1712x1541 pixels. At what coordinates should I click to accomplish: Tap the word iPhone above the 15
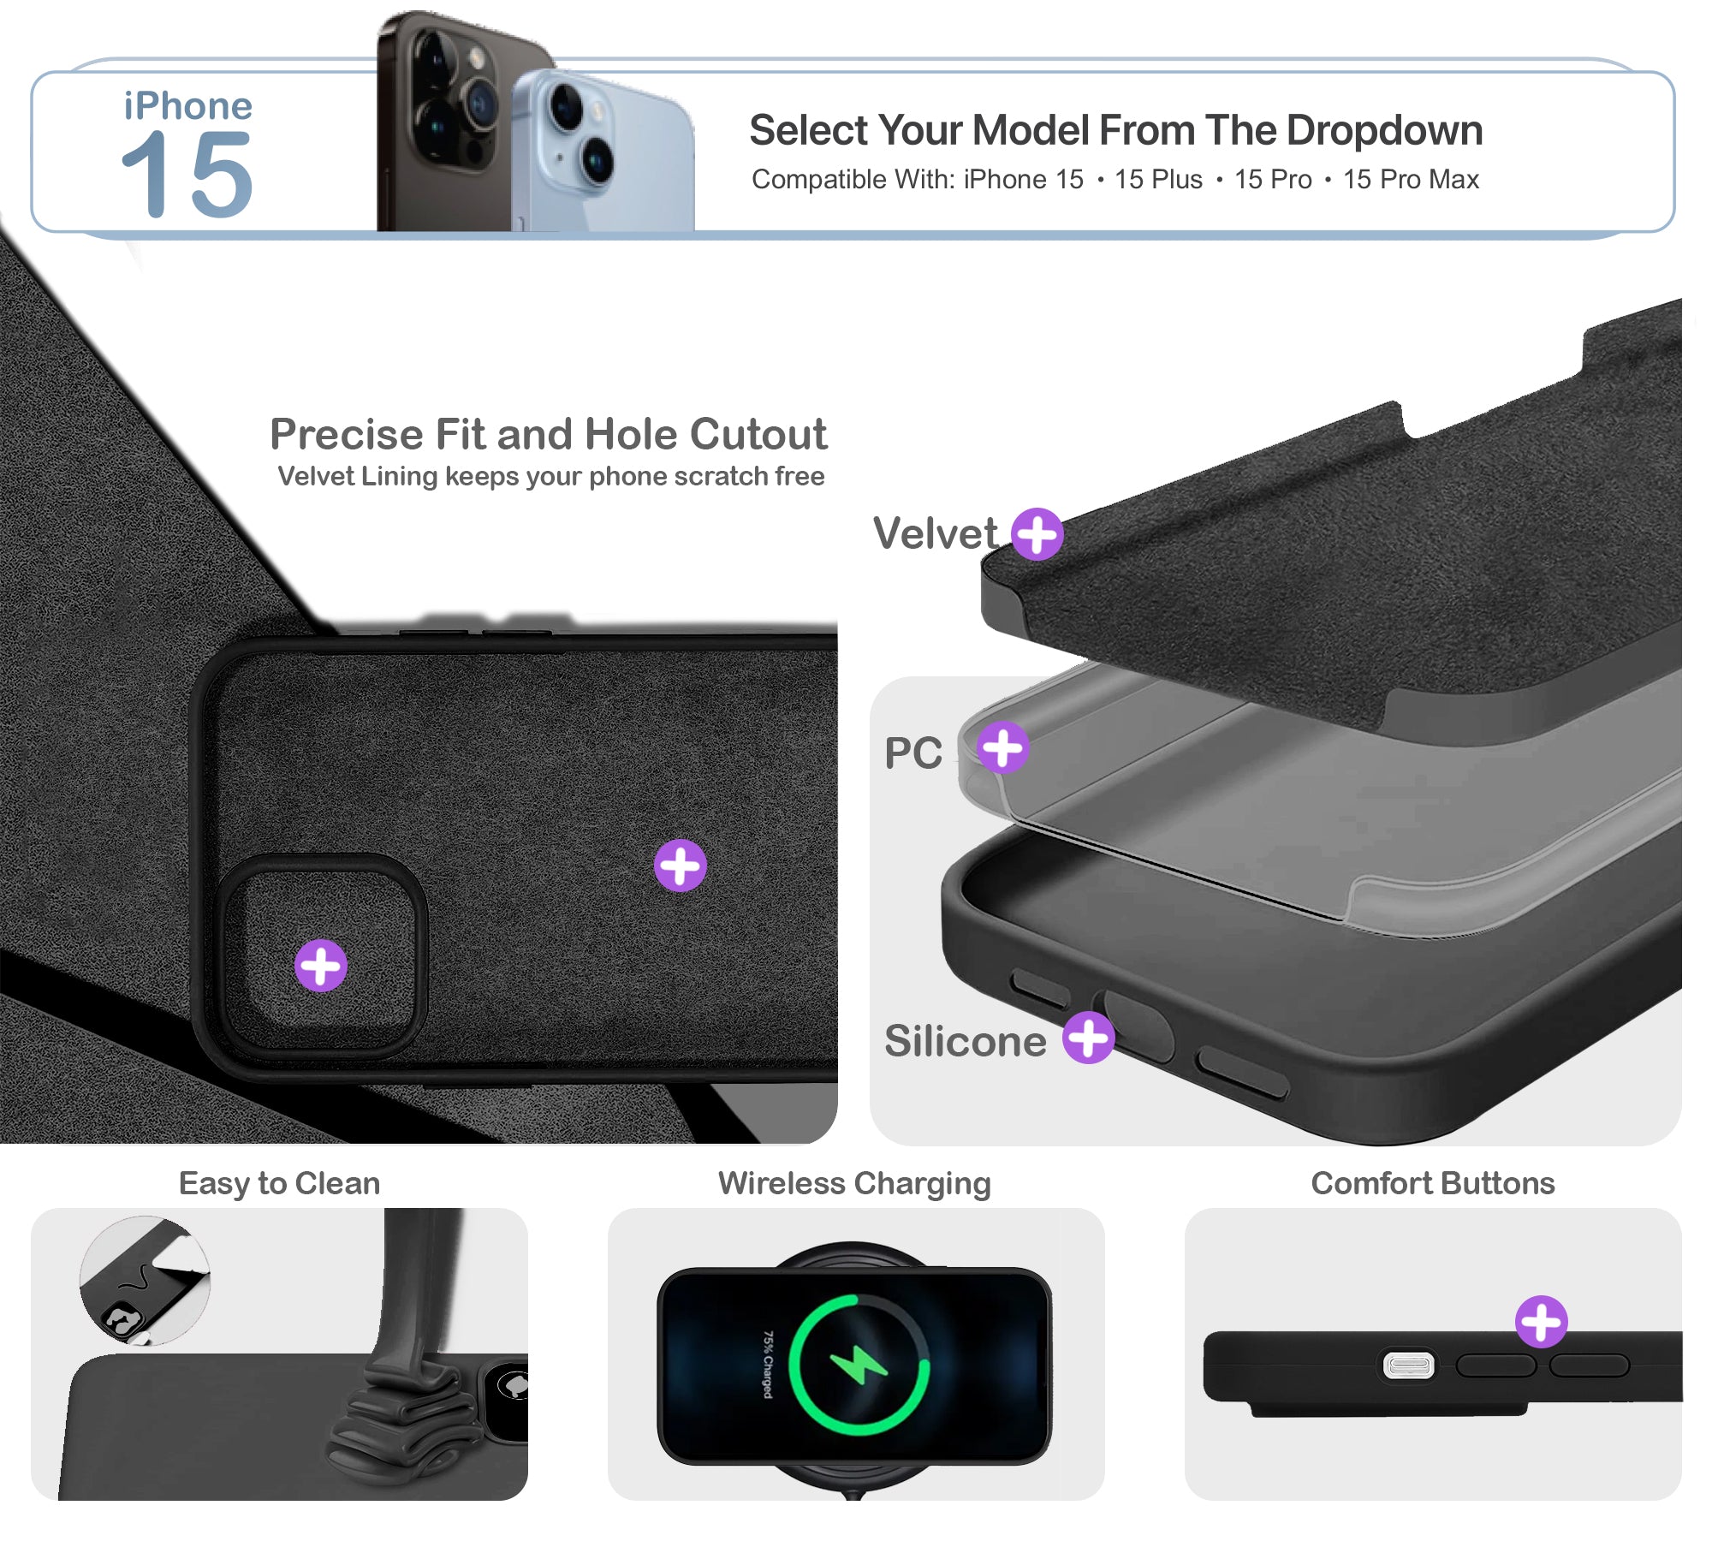click(188, 106)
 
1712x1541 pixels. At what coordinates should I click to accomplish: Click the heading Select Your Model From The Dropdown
click(1115, 130)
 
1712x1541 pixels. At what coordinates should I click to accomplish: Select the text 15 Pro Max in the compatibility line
click(1411, 179)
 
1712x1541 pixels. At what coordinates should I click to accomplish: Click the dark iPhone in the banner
click(454, 120)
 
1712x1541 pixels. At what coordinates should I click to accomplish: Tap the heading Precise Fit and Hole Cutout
click(549, 434)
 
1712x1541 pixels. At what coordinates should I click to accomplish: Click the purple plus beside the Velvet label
click(1037, 534)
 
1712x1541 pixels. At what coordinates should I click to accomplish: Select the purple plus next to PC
click(1003, 747)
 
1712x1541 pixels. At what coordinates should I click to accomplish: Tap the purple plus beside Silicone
click(1089, 1038)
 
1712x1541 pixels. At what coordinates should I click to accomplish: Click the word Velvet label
click(935, 533)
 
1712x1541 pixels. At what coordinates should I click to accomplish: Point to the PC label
click(913, 753)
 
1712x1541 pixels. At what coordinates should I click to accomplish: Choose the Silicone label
click(966, 1041)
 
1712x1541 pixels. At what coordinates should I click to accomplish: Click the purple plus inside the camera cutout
click(321, 966)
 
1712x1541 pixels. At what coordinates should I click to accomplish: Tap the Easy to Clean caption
click(279, 1183)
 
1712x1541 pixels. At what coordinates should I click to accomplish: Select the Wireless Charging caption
click(854, 1183)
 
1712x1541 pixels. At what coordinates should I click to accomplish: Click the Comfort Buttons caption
click(1433, 1183)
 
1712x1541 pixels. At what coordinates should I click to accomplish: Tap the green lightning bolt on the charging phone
click(859, 1365)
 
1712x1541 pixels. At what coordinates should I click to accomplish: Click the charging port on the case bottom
click(1409, 1365)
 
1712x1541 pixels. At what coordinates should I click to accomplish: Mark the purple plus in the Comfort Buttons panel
click(1542, 1321)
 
